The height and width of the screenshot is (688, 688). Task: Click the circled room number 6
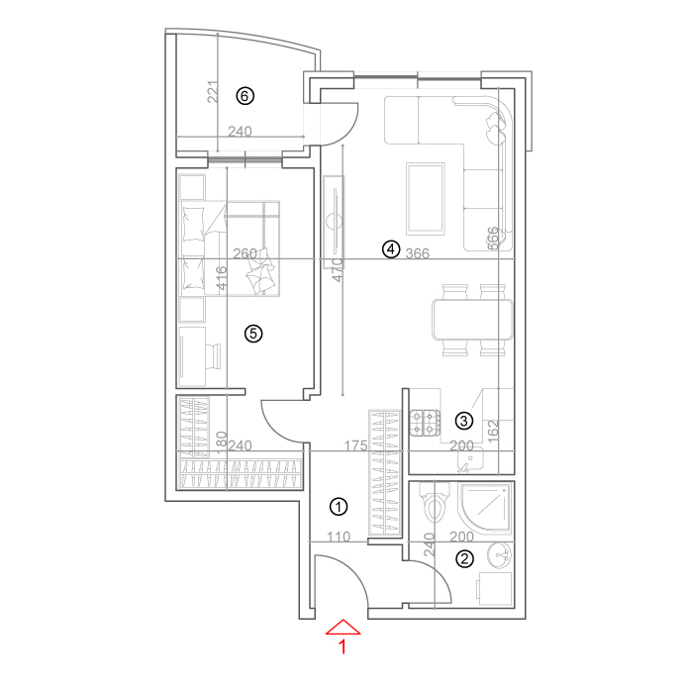click(x=245, y=96)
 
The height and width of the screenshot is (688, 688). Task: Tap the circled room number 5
click(x=253, y=334)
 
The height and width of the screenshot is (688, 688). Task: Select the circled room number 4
click(x=390, y=249)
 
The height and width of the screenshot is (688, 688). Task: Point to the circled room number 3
click(x=464, y=421)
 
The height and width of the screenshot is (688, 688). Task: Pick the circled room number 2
click(x=464, y=559)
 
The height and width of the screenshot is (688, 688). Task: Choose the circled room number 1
click(x=339, y=507)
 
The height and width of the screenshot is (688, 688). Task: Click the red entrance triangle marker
click(x=344, y=628)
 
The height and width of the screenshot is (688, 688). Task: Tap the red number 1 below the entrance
click(x=344, y=647)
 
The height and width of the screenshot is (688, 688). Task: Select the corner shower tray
click(x=485, y=508)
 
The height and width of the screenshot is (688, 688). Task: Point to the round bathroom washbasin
click(x=499, y=554)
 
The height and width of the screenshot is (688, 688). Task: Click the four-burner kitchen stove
click(x=425, y=423)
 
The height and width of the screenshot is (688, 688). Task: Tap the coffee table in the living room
click(x=425, y=199)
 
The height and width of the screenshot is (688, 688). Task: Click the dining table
click(x=472, y=320)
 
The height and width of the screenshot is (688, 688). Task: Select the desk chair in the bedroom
click(x=214, y=356)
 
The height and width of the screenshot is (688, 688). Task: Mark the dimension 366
click(x=418, y=253)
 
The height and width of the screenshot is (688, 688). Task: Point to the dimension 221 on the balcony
click(x=213, y=92)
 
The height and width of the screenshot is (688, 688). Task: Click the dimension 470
click(x=337, y=270)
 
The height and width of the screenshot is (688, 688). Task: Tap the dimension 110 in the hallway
click(x=339, y=537)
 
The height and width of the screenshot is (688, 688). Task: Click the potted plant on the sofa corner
click(x=495, y=128)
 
